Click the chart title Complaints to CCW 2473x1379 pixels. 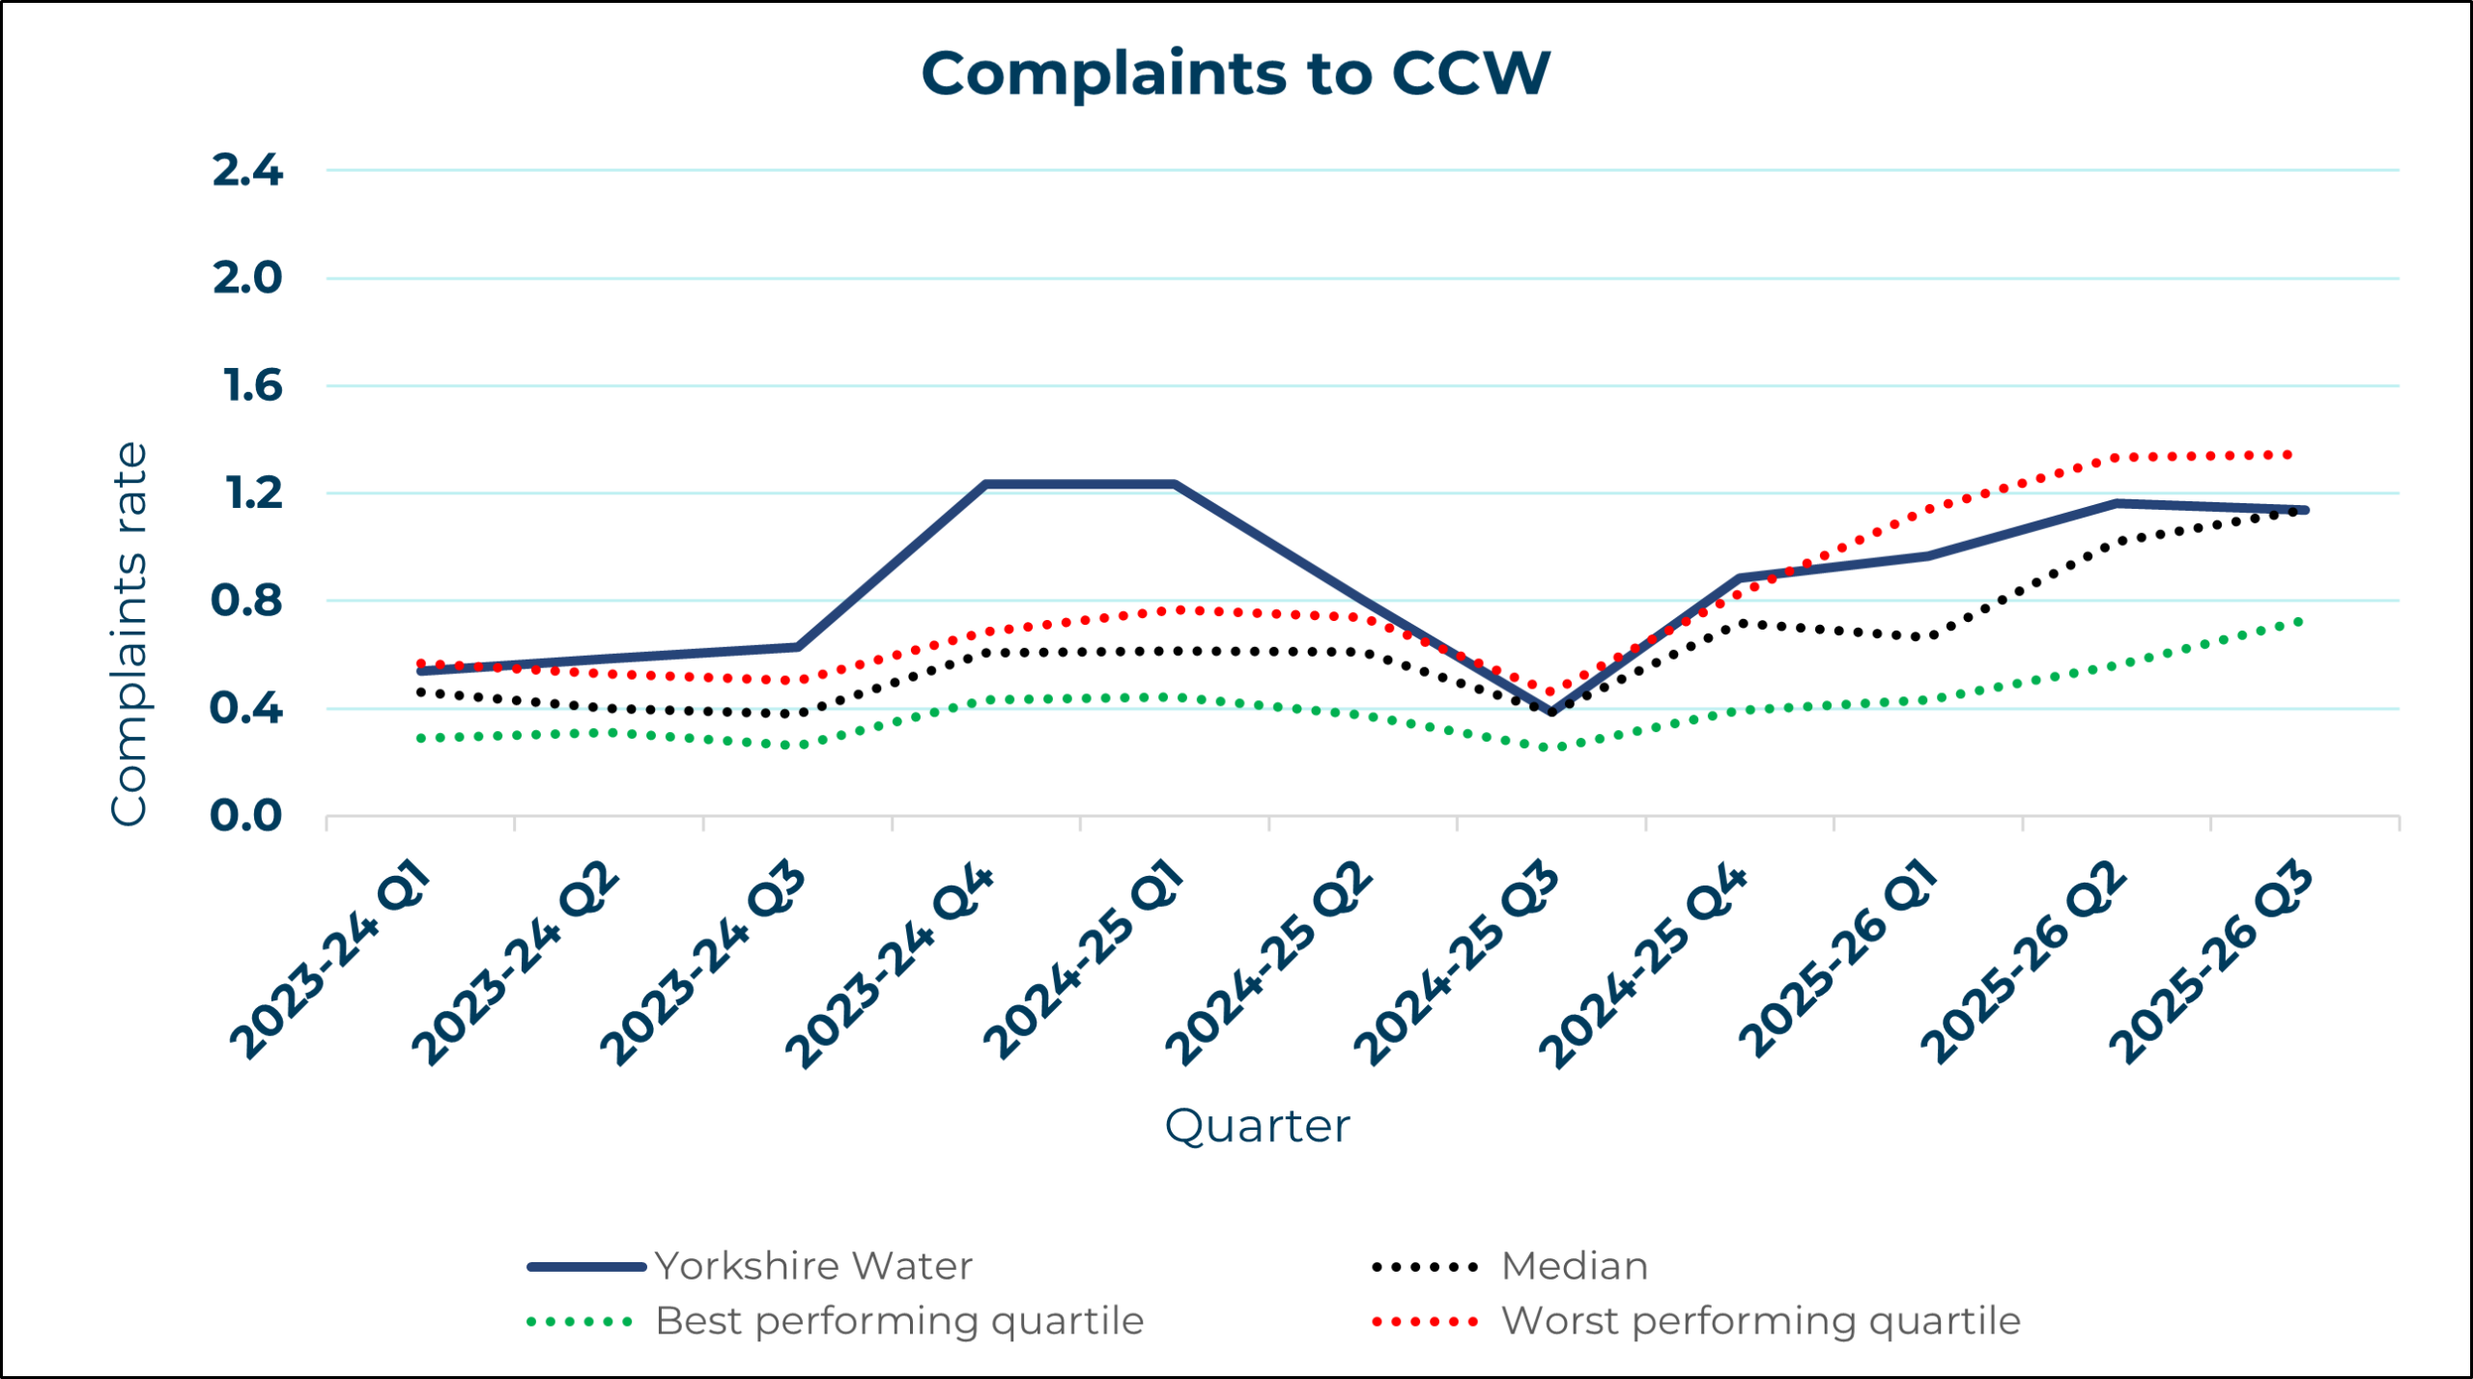1236,73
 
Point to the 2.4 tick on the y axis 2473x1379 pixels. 247,171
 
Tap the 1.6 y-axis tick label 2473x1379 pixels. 252,386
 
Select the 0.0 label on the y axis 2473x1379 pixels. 246,817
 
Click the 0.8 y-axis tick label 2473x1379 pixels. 246,602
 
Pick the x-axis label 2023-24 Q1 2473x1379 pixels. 330,961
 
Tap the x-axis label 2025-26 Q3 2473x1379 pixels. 2212,964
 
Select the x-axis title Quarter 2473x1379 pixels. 1257,1126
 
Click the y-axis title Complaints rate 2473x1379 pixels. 129,634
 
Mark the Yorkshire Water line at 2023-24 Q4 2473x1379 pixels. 985,484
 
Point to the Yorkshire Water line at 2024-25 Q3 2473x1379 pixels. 1551,712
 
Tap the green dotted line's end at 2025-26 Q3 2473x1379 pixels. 2300,621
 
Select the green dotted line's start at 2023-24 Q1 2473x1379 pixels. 420,739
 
